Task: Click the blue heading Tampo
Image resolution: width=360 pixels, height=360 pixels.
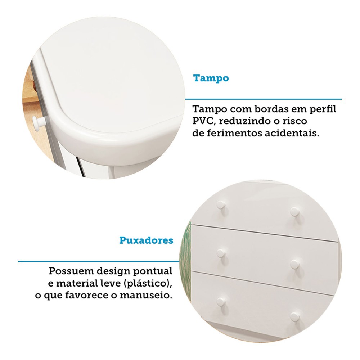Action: (x=211, y=78)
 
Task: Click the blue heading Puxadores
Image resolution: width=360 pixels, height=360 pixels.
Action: (x=146, y=240)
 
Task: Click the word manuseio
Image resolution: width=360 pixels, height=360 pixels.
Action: (x=146, y=295)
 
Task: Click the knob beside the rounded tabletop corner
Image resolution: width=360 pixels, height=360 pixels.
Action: (x=36, y=120)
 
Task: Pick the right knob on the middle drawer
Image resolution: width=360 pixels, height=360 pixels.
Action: (x=295, y=265)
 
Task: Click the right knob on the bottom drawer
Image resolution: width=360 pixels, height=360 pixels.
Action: (x=295, y=317)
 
